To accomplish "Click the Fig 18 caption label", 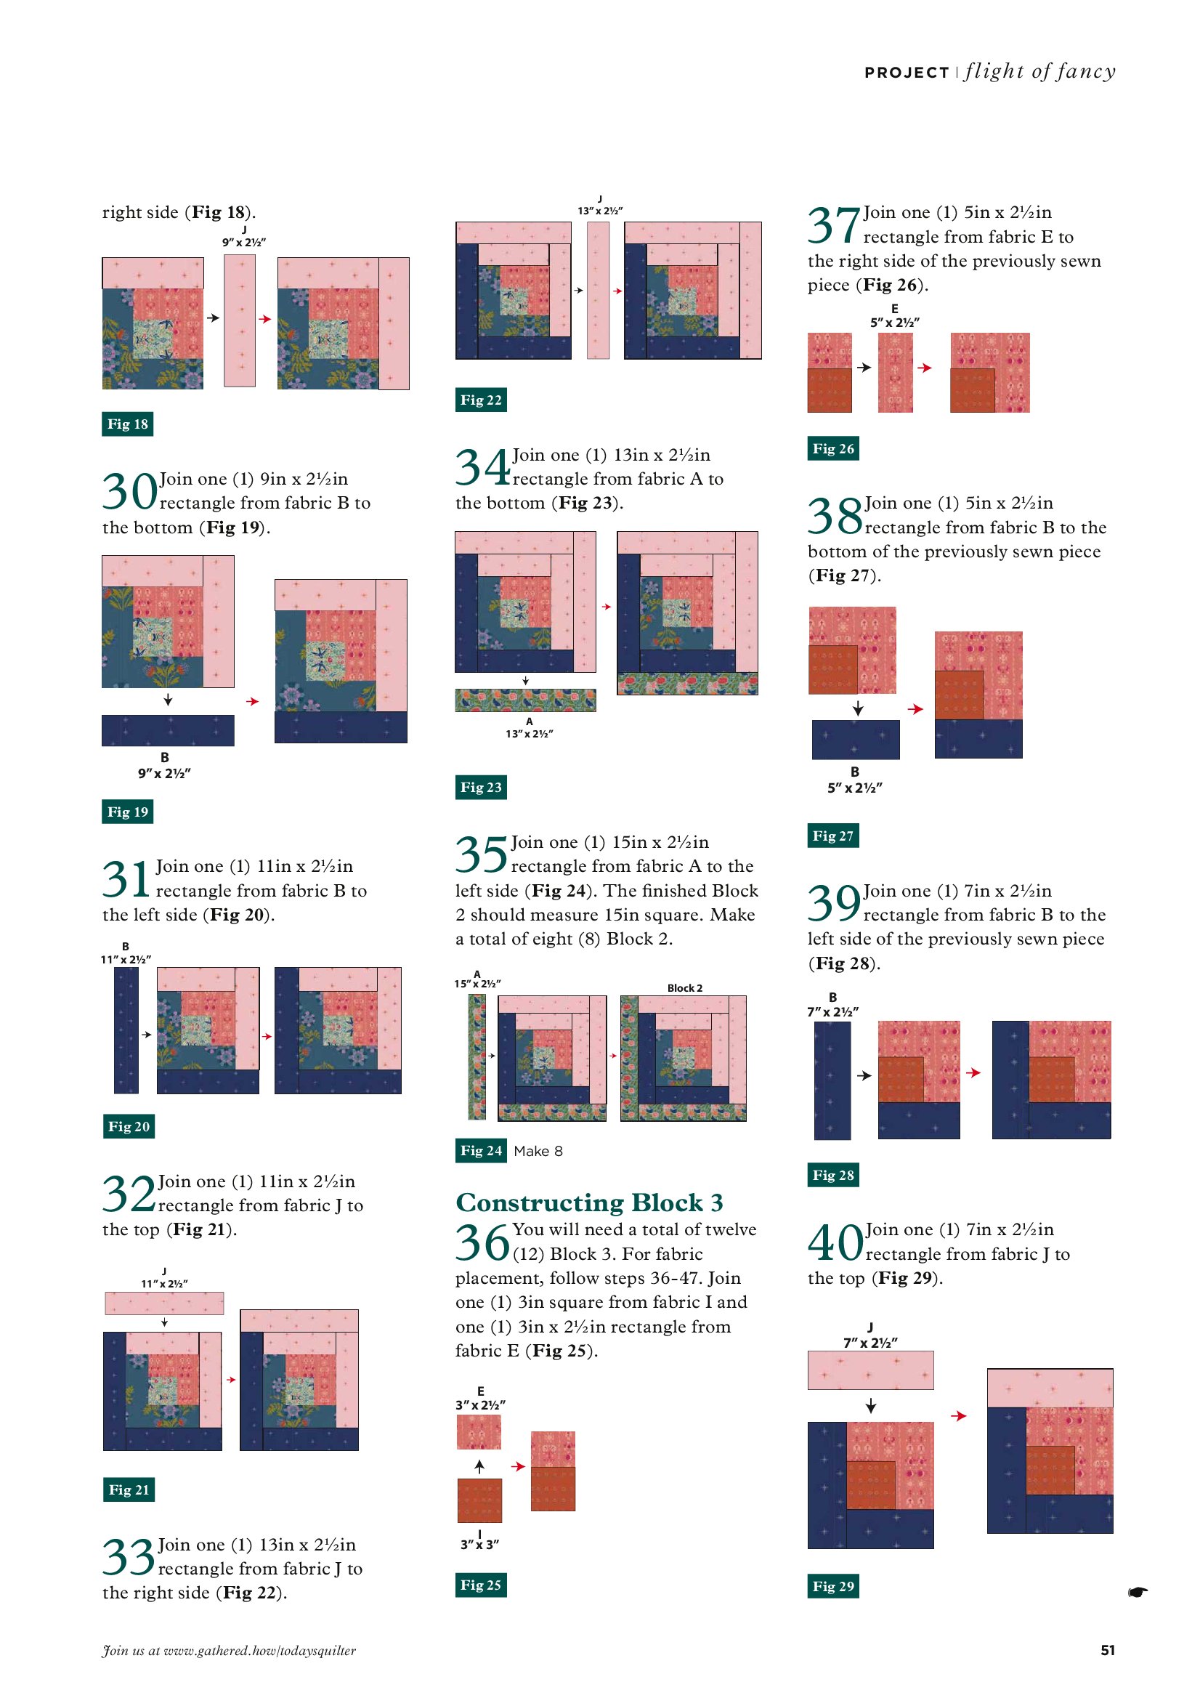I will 127,424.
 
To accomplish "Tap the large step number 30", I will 129,492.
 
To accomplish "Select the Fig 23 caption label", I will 481,787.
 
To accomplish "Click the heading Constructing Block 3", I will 588,1202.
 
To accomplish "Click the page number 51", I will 1107,1650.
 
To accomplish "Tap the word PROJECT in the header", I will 907,73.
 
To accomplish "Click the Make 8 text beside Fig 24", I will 538,1151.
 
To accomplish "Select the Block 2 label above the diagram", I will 685,988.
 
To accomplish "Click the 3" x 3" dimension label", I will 479,1545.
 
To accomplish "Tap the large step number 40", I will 835,1242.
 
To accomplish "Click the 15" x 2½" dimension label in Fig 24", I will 477,984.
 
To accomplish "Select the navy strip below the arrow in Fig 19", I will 168,730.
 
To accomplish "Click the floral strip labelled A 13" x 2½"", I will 525,700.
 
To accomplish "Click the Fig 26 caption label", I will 832,448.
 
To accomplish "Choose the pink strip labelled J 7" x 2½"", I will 870,1370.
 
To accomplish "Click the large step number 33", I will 128,1558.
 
